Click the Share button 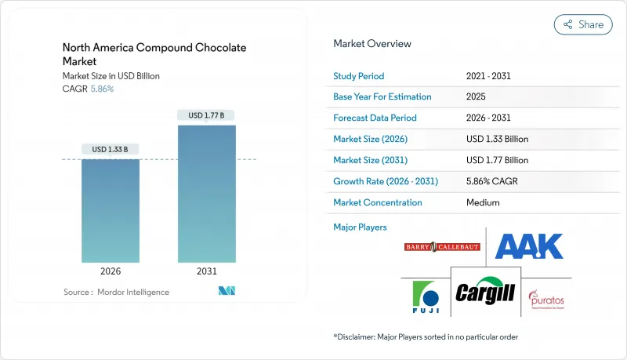pos(583,24)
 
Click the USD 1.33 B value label pos(111,149)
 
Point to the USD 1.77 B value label pos(207,115)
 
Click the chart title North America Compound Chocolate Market pos(154,54)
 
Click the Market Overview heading pos(372,44)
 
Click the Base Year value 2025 pos(477,97)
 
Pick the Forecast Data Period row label pos(375,118)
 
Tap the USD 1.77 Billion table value pos(497,160)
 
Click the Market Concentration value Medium pos(483,202)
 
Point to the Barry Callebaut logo pos(442,247)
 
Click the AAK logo pos(529,245)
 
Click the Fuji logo pos(425,298)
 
